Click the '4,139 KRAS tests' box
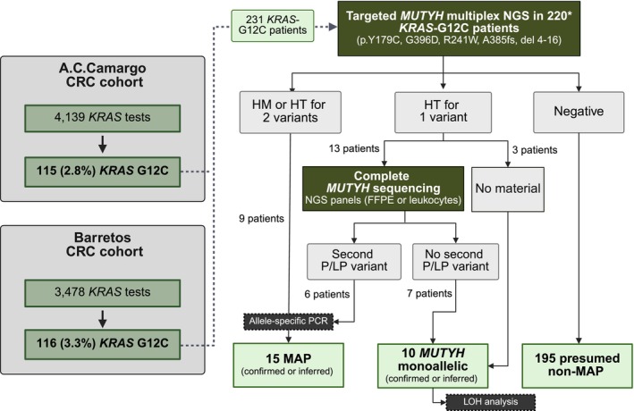[x=102, y=118]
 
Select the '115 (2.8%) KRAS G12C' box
[x=102, y=172]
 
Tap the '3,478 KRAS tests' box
[x=102, y=292]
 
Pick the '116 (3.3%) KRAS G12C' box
[x=102, y=344]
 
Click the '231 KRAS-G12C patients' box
[x=273, y=25]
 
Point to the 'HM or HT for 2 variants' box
[x=291, y=112]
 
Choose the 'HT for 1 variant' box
[x=444, y=112]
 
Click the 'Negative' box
[x=579, y=112]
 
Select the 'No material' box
[x=508, y=189]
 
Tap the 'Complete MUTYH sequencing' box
[x=383, y=189]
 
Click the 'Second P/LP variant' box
[x=354, y=261]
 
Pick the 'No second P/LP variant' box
[x=456, y=261]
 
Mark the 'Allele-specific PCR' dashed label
[x=288, y=322]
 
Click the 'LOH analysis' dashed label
[x=491, y=402]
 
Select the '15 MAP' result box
[x=288, y=365]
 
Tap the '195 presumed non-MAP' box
[x=578, y=365]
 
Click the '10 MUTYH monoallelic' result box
[x=433, y=366]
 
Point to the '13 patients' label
[x=354, y=148]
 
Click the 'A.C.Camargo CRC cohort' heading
[x=105, y=75]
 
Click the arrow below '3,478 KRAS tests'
[x=103, y=319]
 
